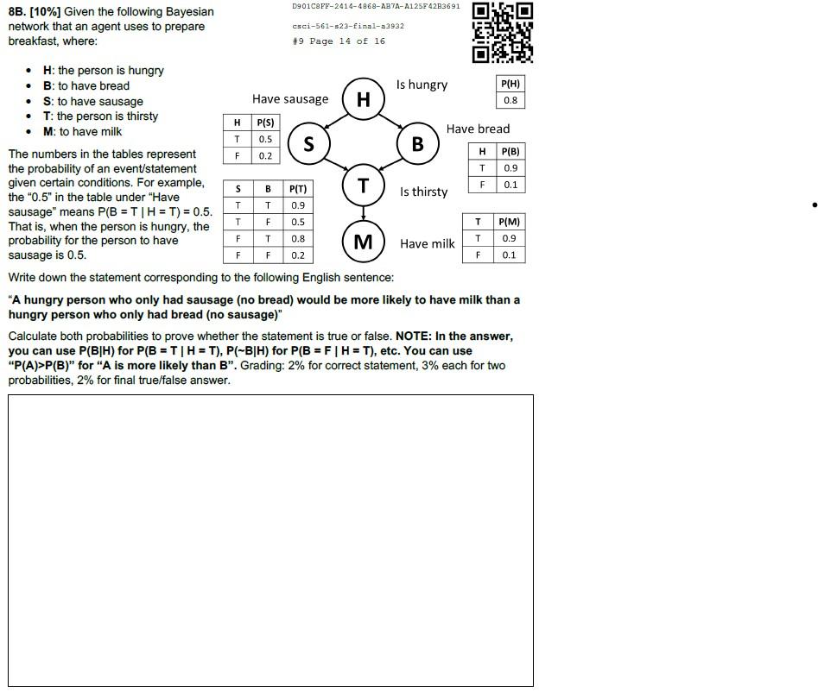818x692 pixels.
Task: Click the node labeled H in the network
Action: pyautogui.click(x=364, y=99)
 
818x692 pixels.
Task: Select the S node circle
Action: pyautogui.click(x=308, y=144)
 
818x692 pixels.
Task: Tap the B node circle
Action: pyautogui.click(x=418, y=143)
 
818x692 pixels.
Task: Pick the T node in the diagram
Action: pyautogui.click(x=364, y=186)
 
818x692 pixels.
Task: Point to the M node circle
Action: pyautogui.click(x=364, y=242)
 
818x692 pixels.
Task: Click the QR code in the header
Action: pyautogui.click(x=502, y=33)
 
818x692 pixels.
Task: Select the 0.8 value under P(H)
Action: pyautogui.click(x=510, y=100)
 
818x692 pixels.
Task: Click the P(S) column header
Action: pyautogui.click(x=265, y=123)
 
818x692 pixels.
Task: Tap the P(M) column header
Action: pyautogui.click(x=510, y=222)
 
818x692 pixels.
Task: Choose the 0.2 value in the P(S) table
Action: pyautogui.click(x=265, y=155)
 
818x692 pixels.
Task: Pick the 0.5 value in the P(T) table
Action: pyautogui.click(x=298, y=222)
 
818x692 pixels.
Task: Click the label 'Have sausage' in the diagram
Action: pyautogui.click(x=290, y=99)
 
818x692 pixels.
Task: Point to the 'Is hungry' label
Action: pyautogui.click(x=422, y=85)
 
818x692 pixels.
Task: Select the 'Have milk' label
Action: pyautogui.click(x=427, y=244)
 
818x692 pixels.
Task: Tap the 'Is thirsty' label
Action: pyautogui.click(x=423, y=192)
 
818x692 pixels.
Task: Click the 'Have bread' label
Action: pyautogui.click(x=478, y=129)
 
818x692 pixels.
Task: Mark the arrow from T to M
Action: pyautogui.click(x=364, y=212)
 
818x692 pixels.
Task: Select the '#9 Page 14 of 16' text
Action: pyautogui.click(x=339, y=41)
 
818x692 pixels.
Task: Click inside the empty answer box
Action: pyautogui.click(x=270, y=540)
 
